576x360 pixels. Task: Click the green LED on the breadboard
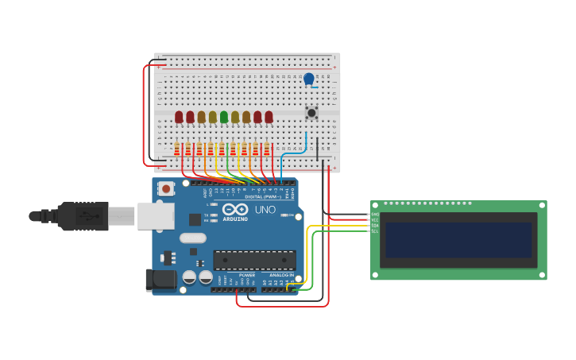[224, 117]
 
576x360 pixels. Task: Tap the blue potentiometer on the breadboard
[309, 79]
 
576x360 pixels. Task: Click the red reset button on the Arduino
[165, 188]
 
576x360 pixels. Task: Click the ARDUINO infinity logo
[235, 209]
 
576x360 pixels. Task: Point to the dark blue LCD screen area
[458, 240]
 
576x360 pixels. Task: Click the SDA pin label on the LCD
[374, 226]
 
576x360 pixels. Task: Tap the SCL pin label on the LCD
[374, 231]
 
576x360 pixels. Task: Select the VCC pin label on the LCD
[374, 220]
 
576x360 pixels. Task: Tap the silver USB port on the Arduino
[156, 215]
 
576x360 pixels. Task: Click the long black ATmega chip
[254, 260]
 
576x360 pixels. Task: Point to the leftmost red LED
[179, 117]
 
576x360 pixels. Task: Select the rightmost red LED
[269, 117]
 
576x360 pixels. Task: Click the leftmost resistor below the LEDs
[177, 149]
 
